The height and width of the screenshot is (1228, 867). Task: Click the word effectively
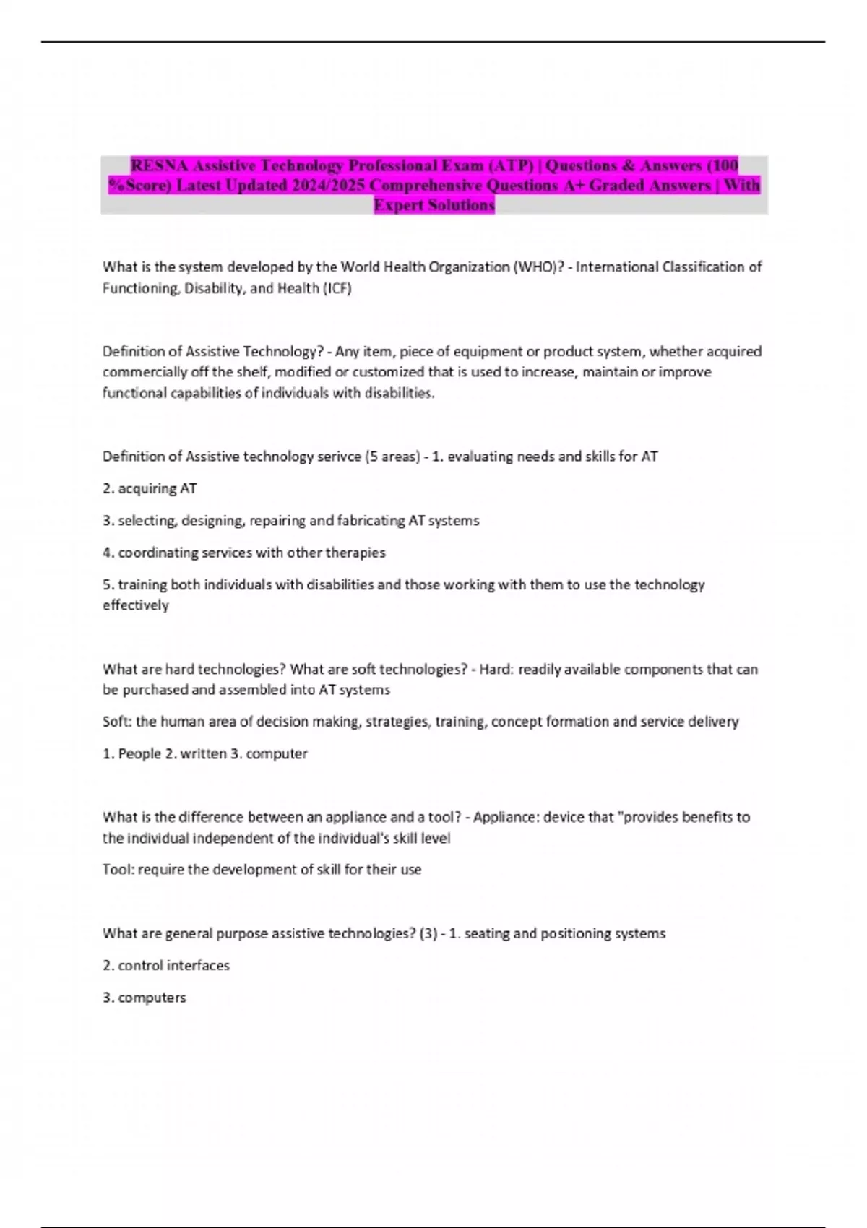coord(135,605)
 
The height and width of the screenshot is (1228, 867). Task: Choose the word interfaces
coord(197,965)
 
